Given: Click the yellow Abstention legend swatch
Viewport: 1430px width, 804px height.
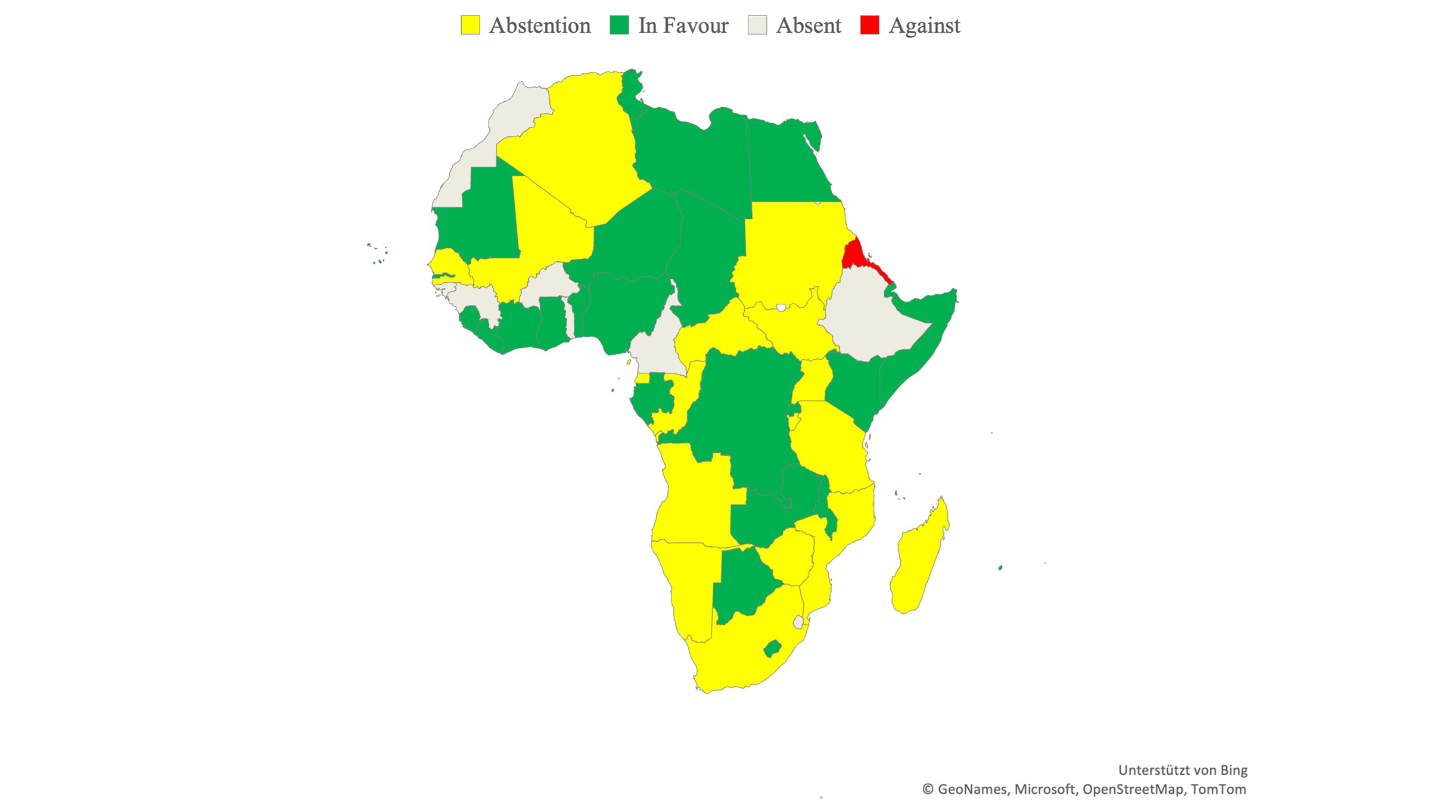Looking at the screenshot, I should pos(470,26).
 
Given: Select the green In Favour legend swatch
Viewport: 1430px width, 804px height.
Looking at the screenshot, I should pos(619,26).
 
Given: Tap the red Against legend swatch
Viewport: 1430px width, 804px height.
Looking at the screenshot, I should pos(869,26).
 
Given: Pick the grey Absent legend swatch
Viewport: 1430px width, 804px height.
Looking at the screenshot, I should pos(757,26).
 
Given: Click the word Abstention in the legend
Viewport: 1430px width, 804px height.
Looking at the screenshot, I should pos(539,26).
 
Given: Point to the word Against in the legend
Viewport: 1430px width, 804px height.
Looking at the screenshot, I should pos(924,26).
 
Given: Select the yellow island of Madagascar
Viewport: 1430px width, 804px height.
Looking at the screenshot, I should pos(918,560).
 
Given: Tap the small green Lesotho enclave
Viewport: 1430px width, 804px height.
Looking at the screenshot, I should pos(772,648).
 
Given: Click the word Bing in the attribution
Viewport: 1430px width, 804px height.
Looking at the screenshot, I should pos(1233,770).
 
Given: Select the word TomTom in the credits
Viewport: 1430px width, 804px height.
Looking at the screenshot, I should pos(1218,789).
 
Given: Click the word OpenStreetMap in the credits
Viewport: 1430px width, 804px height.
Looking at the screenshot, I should pos(1132,789).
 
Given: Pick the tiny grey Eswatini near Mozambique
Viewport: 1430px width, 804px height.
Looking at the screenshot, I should pos(798,622).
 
